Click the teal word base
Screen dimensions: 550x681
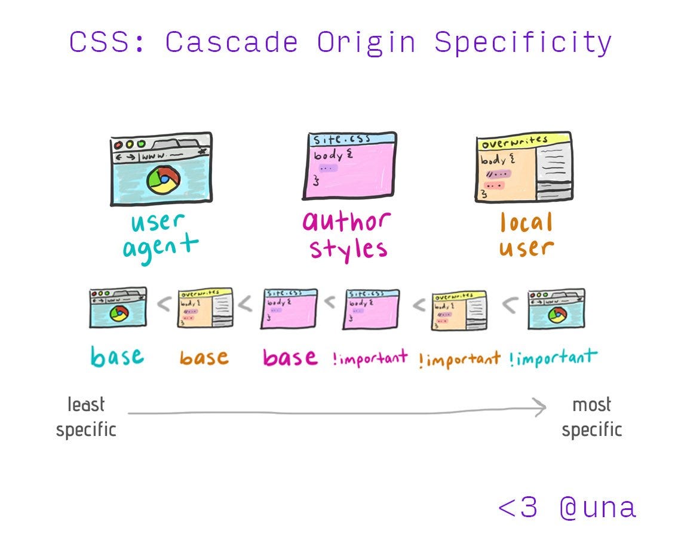117,357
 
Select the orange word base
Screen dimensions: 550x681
204,358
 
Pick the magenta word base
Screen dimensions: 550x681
290,357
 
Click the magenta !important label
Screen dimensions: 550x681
370,358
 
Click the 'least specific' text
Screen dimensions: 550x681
86,417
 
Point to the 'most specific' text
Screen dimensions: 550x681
591,417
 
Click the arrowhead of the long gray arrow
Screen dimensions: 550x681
540,408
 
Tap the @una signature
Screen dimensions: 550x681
597,508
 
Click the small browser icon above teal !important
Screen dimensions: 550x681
556,308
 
